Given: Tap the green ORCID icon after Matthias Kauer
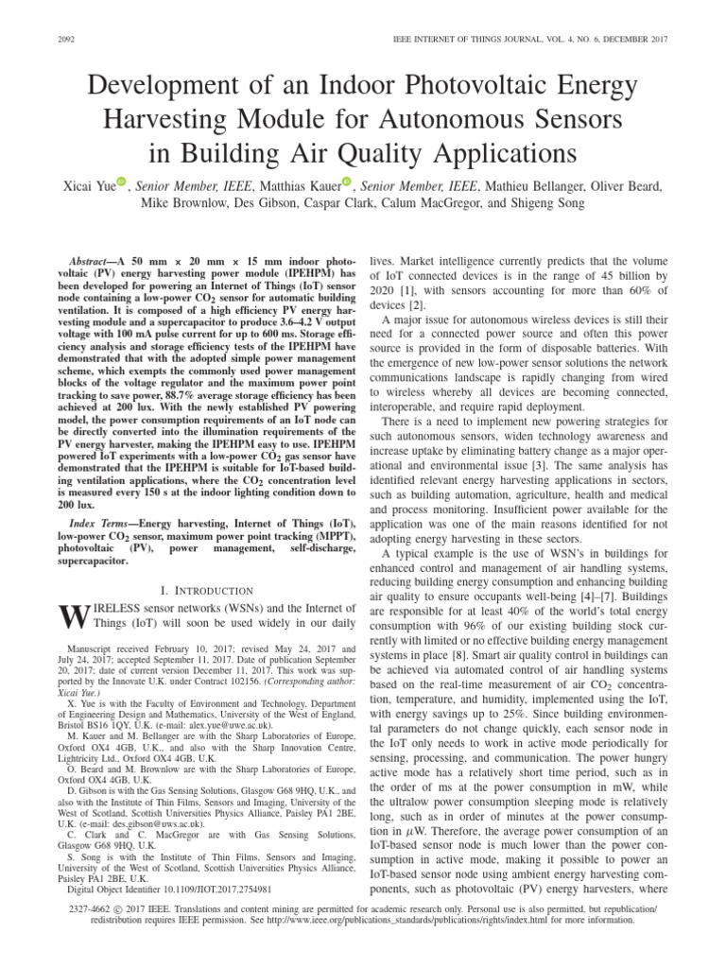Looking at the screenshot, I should (x=346, y=181).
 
